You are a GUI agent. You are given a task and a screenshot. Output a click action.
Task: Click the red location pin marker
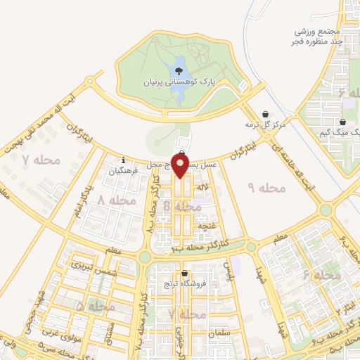pyautogui.click(x=180, y=166)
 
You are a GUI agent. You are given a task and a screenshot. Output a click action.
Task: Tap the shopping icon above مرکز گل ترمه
pyautogui.click(x=265, y=114)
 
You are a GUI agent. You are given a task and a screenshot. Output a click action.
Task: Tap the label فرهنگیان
pyautogui.click(x=124, y=170)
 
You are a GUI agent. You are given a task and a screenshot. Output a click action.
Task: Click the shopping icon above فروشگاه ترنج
pyautogui.click(x=184, y=274)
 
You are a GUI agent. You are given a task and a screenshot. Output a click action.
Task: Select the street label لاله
pyautogui.click(x=202, y=188)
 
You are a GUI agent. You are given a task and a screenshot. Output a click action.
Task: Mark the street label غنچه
pyautogui.click(x=205, y=224)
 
